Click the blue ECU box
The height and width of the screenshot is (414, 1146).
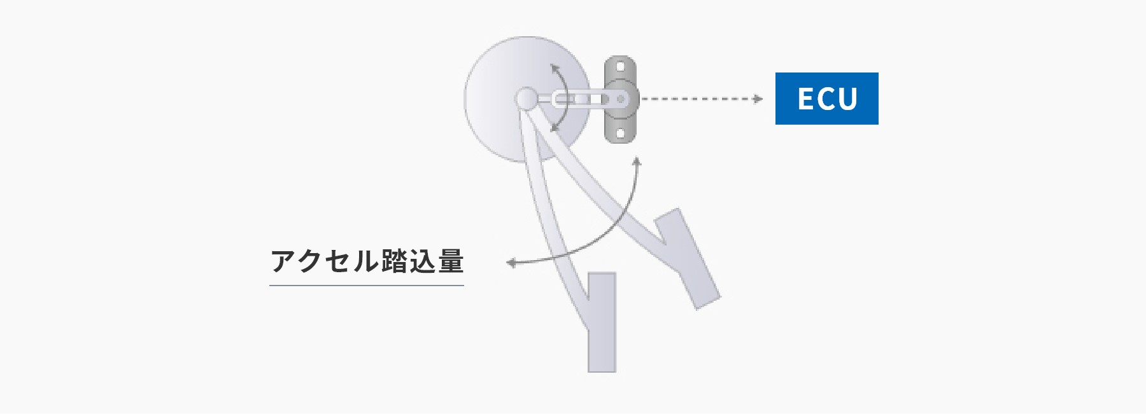pyautogui.click(x=826, y=99)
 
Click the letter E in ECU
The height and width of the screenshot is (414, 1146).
pyautogui.click(x=806, y=99)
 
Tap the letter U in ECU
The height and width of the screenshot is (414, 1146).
pyautogui.click(x=848, y=99)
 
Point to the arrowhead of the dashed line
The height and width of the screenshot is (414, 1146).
pyautogui.click(x=758, y=99)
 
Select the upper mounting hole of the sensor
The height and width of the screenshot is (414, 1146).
pyautogui.click(x=620, y=66)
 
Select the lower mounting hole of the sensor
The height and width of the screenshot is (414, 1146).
pyautogui.click(x=620, y=134)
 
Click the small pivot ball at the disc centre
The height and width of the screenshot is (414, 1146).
pyautogui.click(x=527, y=99)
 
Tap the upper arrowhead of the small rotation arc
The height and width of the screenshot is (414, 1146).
pyautogui.click(x=555, y=67)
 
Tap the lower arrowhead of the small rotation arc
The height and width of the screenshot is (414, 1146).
pyautogui.click(x=555, y=128)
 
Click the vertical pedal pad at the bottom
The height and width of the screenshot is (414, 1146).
pyautogui.click(x=602, y=322)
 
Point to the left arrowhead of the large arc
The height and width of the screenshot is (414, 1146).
pyautogui.click(x=511, y=263)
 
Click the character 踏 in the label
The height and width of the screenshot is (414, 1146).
pyautogui.click(x=395, y=261)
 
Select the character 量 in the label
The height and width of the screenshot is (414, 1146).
pyautogui.click(x=451, y=261)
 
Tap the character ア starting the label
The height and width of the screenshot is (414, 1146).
pyautogui.click(x=283, y=261)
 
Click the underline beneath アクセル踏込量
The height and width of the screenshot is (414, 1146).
pyautogui.click(x=367, y=286)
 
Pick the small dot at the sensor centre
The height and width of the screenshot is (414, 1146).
pyautogui.click(x=620, y=99)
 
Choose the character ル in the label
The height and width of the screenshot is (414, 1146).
pyautogui.click(x=367, y=261)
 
